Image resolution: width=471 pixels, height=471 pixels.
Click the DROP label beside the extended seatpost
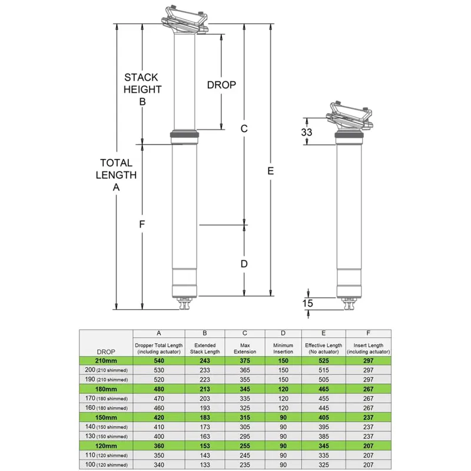click(221, 85)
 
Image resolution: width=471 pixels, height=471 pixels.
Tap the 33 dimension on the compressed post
click(306, 132)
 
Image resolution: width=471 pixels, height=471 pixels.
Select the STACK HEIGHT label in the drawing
click(142, 83)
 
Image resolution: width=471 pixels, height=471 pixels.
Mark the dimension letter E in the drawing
click(270, 170)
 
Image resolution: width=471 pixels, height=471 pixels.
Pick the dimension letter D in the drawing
click(244, 263)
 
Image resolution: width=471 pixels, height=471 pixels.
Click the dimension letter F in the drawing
click(142, 224)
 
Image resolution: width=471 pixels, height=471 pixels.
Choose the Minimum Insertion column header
click(283, 348)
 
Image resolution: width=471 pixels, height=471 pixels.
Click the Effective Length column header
click(323, 348)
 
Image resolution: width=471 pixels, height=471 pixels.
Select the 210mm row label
click(106, 360)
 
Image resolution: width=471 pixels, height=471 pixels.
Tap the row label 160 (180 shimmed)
click(106, 407)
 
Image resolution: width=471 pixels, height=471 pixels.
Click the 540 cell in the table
click(159, 360)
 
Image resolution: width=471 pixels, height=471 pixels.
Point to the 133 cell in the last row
click(205, 465)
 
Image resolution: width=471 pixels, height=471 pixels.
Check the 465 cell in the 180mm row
click(323, 389)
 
